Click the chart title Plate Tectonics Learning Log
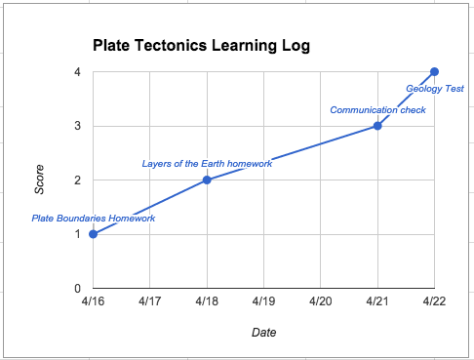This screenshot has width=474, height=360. click(x=201, y=46)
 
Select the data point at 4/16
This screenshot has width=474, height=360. click(x=93, y=234)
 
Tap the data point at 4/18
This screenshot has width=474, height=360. click(x=207, y=180)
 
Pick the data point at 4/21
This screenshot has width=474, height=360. click(x=377, y=126)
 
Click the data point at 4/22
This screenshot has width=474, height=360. click(x=434, y=71)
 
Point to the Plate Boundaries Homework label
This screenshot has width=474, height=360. click(x=94, y=218)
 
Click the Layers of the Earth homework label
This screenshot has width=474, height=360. click(x=206, y=163)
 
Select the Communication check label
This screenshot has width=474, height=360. click(x=377, y=109)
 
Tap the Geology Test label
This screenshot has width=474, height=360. click(x=434, y=88)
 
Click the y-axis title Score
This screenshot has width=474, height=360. click(x=40, y=180)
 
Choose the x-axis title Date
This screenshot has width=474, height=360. click(x=263, y=333)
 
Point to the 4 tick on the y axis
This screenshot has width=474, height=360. click(x=77, y=72)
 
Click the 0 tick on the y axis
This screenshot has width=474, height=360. click(x=77, y=289)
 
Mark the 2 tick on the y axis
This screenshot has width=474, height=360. click(x=77, y=180)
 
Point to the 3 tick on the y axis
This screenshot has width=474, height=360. click(x=77, y=126)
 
